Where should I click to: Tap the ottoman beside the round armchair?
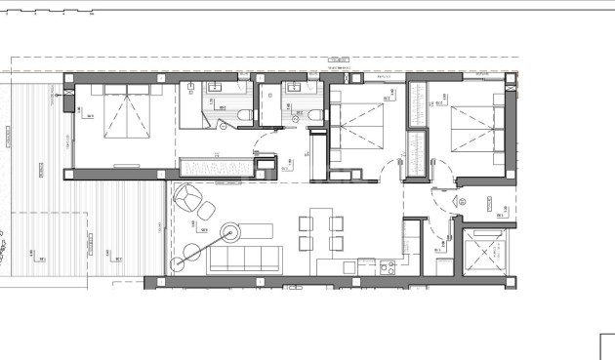(207, 209)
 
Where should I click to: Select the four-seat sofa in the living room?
(247, 260)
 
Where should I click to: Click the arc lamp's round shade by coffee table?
(231, 232)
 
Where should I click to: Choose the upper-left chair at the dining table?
(304, 221)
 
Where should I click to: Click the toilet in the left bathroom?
(243, 116)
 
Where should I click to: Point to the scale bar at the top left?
(49, 15)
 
